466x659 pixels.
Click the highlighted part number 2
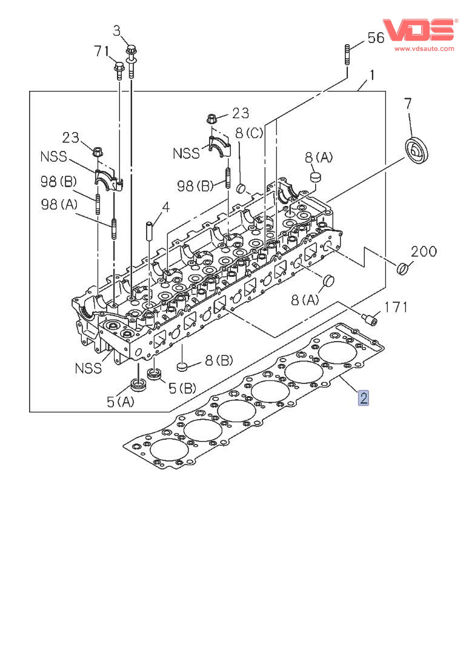[x=364, y=398]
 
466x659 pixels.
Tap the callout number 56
[x=376, y=38]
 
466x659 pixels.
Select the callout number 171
[x=397, y=307]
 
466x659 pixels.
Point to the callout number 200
[x=424, y=251]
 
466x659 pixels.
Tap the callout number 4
[x=165, y=207]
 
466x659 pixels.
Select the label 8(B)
[x=218, y=362]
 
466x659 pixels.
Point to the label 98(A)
[x=59, y=204]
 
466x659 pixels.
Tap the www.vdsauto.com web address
[x=424, y=48]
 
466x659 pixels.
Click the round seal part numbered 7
[x=415, y=149]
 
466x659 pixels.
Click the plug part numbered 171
[x=369, y=316]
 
